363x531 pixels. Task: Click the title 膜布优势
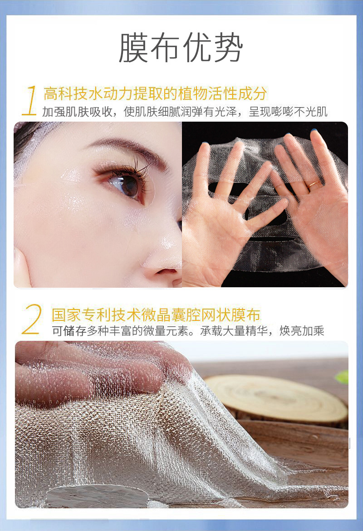click(x=181, y=48)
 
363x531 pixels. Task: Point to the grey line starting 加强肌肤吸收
click(x=185, y=112)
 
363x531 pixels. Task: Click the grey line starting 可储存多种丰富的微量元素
click(x=188, y=331)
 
